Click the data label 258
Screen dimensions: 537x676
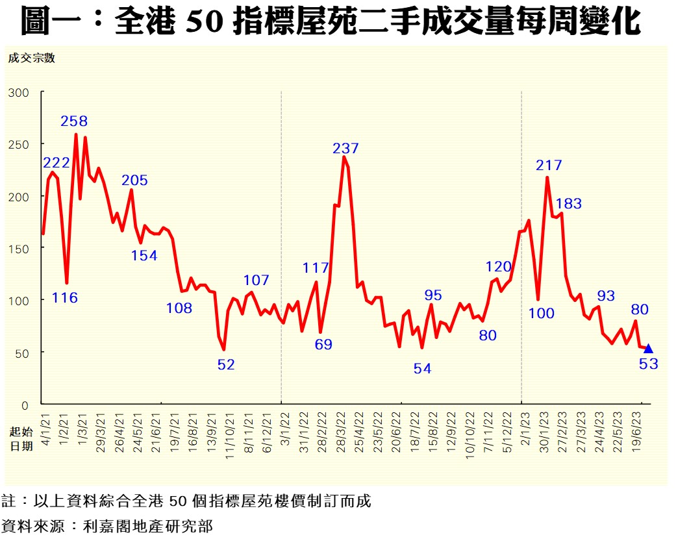74,121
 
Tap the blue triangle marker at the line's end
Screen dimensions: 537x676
648,349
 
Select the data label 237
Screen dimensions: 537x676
345,149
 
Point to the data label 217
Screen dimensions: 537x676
549,166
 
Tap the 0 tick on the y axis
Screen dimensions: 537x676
26,405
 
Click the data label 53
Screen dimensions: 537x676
648,364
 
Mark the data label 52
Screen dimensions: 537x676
225,365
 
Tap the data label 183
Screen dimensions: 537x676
569,204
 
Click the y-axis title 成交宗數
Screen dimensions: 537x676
32,58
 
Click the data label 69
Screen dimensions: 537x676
323,345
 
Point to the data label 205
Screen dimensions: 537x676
134,181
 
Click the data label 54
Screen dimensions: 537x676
422,369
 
